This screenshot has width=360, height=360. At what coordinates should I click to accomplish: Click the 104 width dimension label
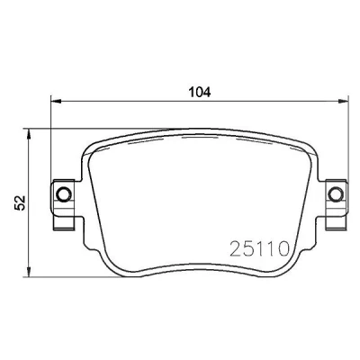pos(200,92)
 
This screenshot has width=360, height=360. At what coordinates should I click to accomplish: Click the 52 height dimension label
pos(21,202)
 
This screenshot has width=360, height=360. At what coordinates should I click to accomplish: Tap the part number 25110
pos(259,248)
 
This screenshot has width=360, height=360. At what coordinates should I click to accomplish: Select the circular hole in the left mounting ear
pos(64,193)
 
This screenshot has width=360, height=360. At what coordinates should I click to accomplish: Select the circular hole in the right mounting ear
pos(335,193)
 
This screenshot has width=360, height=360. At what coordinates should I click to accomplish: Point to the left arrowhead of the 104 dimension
pos(56,101)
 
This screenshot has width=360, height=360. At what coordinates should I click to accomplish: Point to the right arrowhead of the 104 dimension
pos(343,101)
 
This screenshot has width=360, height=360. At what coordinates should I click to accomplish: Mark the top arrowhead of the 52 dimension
pos(29,134)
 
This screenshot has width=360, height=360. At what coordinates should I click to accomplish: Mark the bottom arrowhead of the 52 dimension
pos(29,271)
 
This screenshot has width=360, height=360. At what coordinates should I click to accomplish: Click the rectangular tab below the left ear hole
pos(64,223)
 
